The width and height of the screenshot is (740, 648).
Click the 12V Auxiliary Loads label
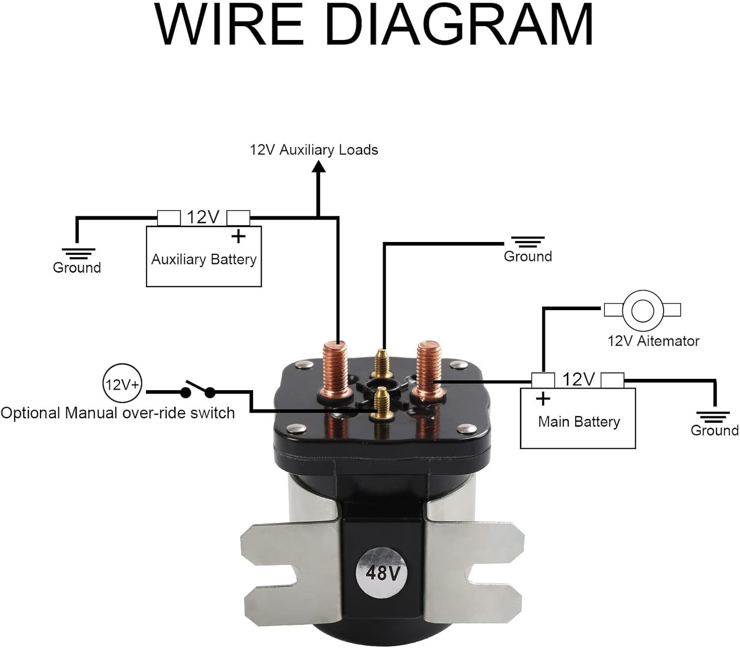click(x=313, y=150)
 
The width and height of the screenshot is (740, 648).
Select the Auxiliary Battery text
click(x=203, y=259)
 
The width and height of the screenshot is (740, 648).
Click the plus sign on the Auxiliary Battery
click(x=238, y=237)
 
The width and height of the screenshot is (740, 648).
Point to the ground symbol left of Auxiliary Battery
click(x=78, y=253)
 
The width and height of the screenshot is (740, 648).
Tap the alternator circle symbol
click(x=642, y=310)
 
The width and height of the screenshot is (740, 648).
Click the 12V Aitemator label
click(x=653, y=341)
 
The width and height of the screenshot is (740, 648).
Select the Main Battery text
click(x=579, y=422)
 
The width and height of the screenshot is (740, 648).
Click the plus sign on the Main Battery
click(x=543, y=398)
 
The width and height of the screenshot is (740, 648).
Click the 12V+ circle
click(x=121, y=384)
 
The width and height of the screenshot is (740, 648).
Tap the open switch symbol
click(x=197, y=390)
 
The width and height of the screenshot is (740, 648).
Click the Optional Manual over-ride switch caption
click(x=117, y=413)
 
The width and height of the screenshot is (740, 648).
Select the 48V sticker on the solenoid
click(x=383, y=572)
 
